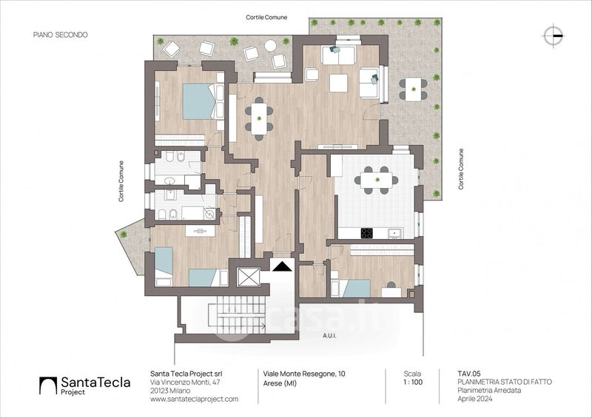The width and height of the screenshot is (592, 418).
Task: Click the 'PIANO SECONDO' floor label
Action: click(61, 34)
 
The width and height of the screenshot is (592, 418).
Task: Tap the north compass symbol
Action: click(552, 34)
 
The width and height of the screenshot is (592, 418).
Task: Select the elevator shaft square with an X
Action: click(249, 277)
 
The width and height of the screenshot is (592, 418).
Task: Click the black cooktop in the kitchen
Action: click(367, 234)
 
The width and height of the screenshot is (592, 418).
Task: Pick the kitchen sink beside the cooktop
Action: click(394, 234)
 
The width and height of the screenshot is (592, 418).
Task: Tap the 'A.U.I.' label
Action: click(331, 335)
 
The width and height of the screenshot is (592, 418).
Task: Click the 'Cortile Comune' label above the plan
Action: click(266, 17)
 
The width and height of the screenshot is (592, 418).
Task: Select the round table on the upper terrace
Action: click(270, 46)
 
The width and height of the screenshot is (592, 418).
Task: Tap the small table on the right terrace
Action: click(412, 89)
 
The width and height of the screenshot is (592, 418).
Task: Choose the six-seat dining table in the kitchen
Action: click(376, 180)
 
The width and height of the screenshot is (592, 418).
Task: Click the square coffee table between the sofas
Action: click(338, 83)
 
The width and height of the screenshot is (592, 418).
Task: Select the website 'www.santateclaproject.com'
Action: click(194, 399)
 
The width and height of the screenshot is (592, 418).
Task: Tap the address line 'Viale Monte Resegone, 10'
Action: click(304, 374)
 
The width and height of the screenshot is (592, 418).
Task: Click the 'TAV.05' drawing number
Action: click(469, 374)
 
